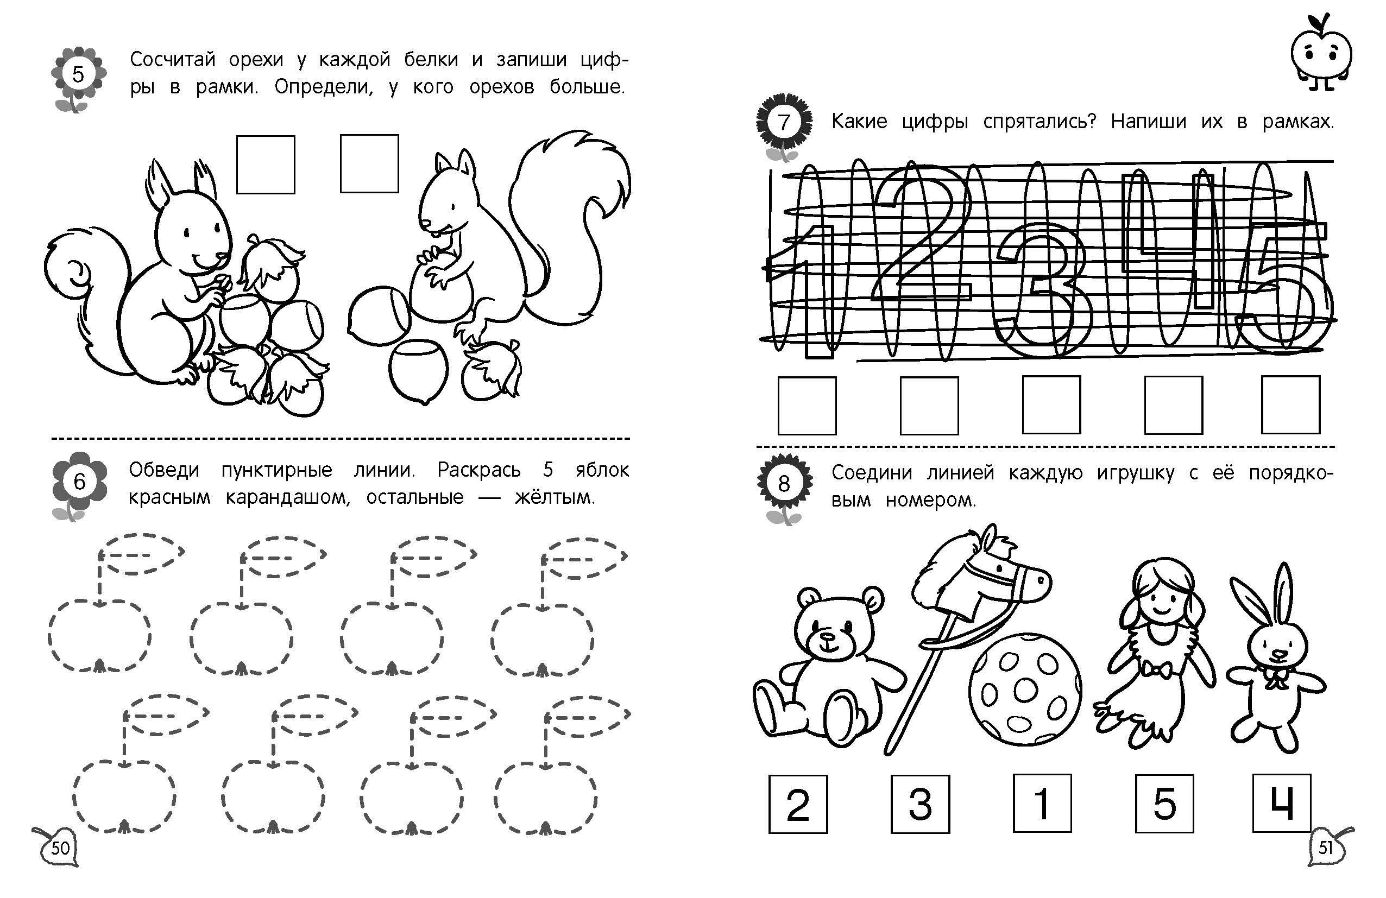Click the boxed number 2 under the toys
798,804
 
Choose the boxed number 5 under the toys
1165,804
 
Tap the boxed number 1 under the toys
1042,802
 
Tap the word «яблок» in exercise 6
602,470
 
